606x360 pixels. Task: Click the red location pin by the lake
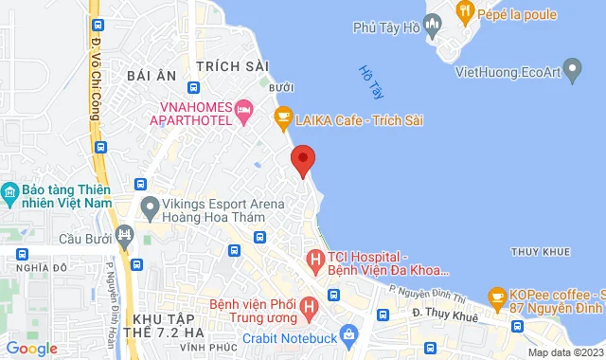[302, 159]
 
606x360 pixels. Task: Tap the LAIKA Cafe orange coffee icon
[281, 119]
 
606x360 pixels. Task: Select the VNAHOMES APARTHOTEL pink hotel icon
[244, 112]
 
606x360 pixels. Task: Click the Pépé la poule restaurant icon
[464, 12]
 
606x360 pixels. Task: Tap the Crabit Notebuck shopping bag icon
[349, 334]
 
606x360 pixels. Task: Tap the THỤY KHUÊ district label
[538, 251]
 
